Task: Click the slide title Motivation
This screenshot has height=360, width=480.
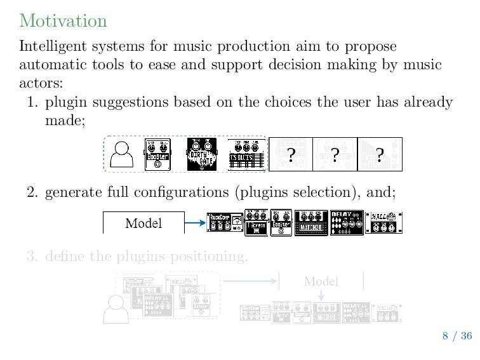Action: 63,21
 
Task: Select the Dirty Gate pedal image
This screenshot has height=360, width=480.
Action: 202,154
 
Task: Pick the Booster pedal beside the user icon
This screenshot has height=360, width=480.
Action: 158,154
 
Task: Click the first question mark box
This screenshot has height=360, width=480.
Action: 290,154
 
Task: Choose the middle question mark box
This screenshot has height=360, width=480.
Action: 335,154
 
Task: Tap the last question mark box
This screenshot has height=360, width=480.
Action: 380,154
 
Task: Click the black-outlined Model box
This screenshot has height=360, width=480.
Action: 143,223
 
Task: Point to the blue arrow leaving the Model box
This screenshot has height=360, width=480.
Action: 194,223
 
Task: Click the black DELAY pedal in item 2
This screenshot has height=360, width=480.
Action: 347,223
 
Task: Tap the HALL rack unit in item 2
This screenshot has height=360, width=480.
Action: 384,223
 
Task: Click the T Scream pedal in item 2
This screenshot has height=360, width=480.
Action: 257,223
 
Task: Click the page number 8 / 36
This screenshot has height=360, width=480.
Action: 457,336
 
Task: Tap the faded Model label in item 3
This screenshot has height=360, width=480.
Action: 321,281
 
